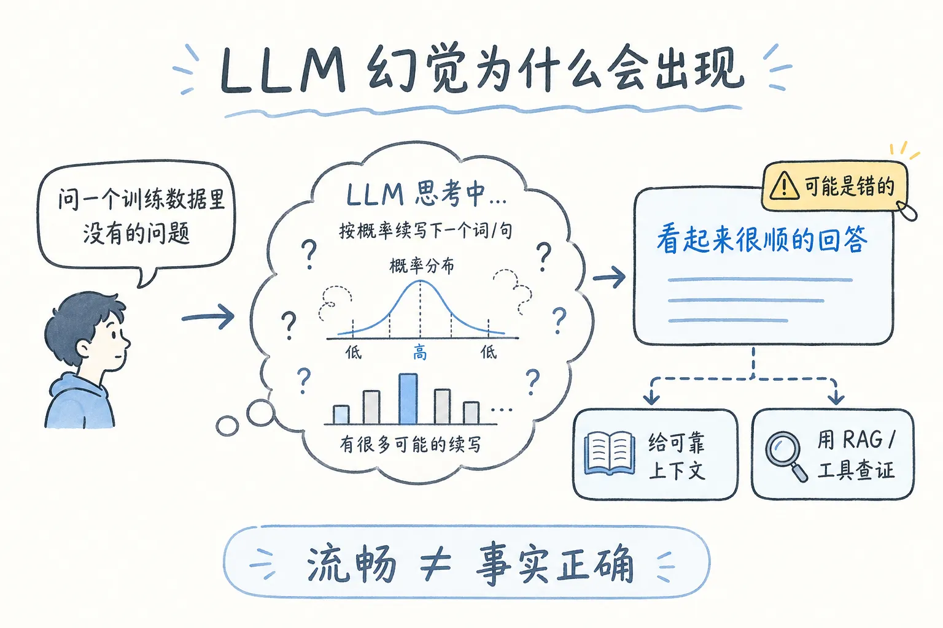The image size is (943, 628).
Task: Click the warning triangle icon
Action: [x=784, y=185]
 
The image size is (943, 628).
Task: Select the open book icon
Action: [x=609, y=453]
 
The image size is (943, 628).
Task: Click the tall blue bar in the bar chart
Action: [x=408, y=399]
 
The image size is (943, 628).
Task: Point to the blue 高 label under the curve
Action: [x=420, y=352]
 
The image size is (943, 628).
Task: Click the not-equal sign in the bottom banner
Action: [x=435, y=564]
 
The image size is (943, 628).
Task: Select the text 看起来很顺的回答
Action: [x=762, y=239]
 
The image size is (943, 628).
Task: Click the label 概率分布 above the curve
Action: [x=422, y=266]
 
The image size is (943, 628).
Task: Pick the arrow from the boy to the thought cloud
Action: [x=208, y=317]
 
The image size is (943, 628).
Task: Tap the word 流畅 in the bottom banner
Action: [x=351, y=563]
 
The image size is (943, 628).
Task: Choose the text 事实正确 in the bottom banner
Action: [x=554, y=563]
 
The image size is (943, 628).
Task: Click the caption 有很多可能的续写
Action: [x=410, y=444]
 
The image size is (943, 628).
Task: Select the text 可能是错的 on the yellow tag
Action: [x=849, y=186]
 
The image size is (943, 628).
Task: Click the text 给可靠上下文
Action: [x=677, y=456]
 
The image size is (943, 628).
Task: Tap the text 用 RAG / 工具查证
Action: [x=856, y=454]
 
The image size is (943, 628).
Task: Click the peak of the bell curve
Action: [x=420, y=281]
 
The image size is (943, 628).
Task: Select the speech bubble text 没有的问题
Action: [x=136, y=233]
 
